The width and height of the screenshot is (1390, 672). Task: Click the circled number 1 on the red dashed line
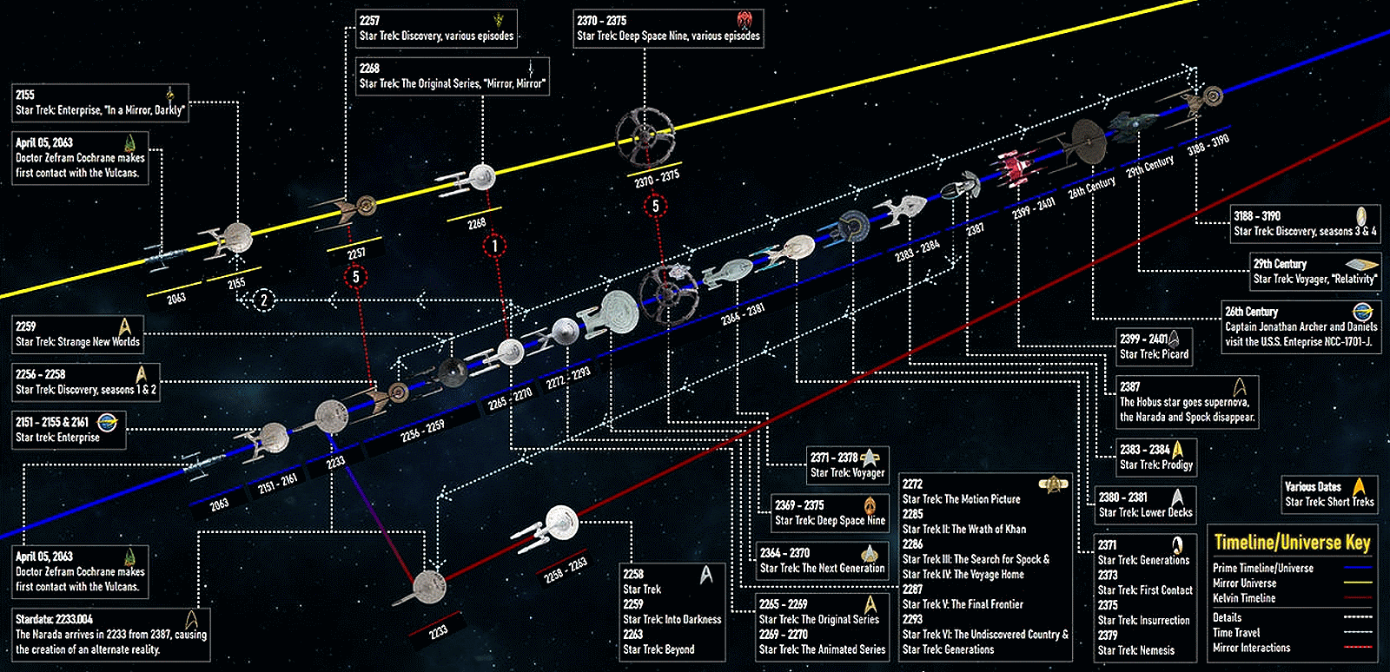pos(494,246)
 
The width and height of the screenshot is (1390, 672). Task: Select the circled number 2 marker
pos(264,300)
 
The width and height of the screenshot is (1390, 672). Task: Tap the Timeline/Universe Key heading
pos(1292,543)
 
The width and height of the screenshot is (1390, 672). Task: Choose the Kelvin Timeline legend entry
pos(1244,598)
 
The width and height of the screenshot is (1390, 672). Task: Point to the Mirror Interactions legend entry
pos(1251,648)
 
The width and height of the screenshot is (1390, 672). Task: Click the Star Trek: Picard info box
pos(1155,346)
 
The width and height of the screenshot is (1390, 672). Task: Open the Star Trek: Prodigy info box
pos(1156,458)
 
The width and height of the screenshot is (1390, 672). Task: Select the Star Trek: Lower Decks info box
pos(1145,504)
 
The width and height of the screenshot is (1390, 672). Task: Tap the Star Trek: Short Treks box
pos(1329,494)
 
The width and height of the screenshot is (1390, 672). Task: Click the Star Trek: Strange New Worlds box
pos(78,334)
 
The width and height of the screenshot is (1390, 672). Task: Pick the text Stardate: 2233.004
pos(54,619)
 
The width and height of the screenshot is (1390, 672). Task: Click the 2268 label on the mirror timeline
pos(477,223)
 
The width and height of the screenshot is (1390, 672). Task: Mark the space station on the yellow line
pos(645,136)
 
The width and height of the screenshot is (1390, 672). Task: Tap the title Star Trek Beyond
pos(659,649)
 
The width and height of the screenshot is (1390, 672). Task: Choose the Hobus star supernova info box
pos(1187,401)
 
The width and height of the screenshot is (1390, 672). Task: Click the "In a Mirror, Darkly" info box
pos(101,102)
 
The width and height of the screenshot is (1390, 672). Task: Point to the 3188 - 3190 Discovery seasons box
pos(1305,223)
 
